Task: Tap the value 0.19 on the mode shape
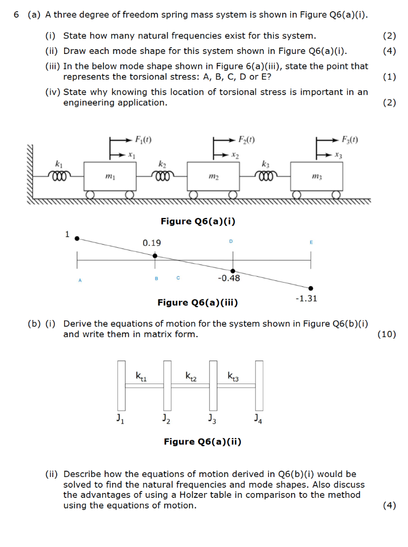click(152, 243)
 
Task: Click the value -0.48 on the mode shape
click(229, 278)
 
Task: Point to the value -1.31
click(306, 299)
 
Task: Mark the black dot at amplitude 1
click(77, 239)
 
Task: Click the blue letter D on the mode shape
click(231, 242)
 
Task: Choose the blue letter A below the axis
click(80, 279)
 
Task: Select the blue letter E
click(311, 243)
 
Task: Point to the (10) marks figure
click(387, 334)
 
